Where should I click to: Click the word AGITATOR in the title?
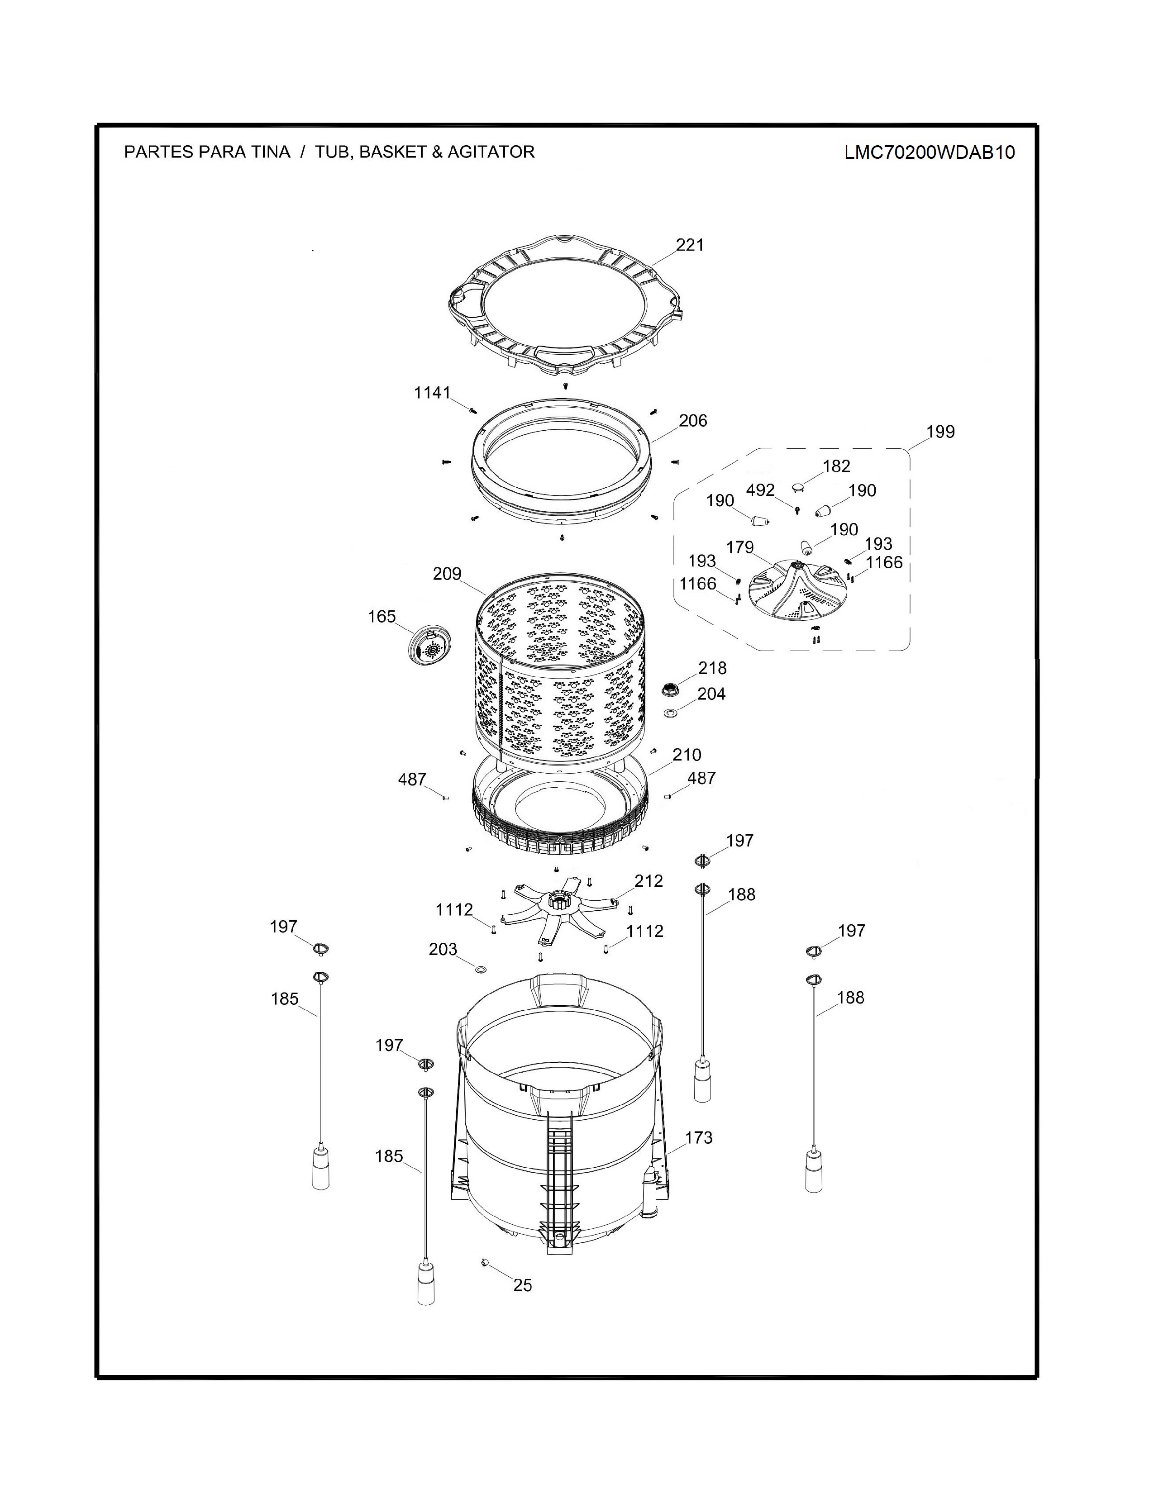(x=491, y=152)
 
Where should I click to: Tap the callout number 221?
(x=690, y=245)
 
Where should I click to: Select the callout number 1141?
(x=433, y=392)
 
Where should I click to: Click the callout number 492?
(x=760, y=490)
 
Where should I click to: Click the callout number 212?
(x=649, y=881)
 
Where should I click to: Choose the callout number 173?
(x=699, y=1137)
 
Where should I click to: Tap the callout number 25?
(x=522, y=1286)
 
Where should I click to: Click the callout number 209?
(x=447, y=574)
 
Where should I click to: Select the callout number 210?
(x=687, y=755)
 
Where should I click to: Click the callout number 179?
(x=740, y=547)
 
